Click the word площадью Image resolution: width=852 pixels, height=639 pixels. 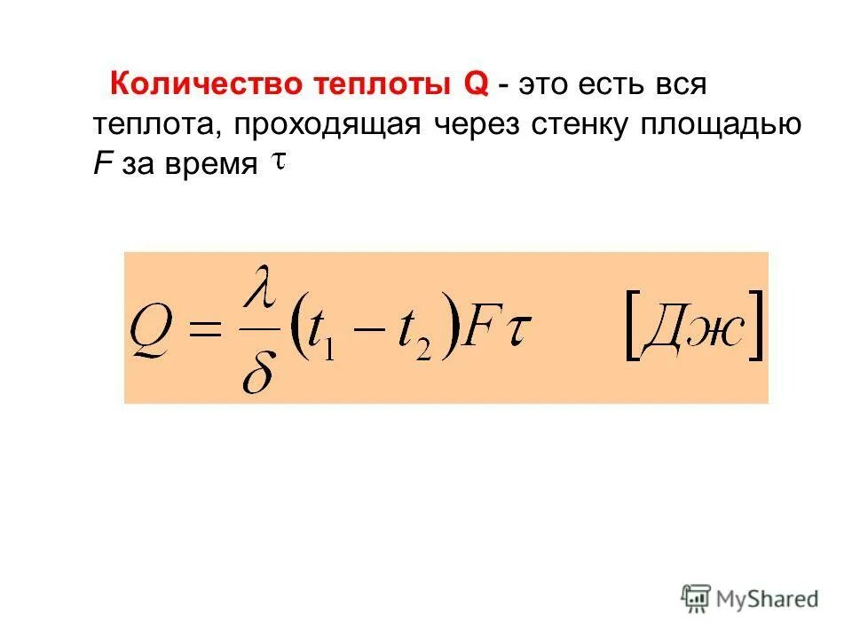[725, 125]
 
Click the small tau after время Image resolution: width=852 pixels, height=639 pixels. [277, 162]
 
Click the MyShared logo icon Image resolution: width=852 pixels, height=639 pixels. [696, 599]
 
